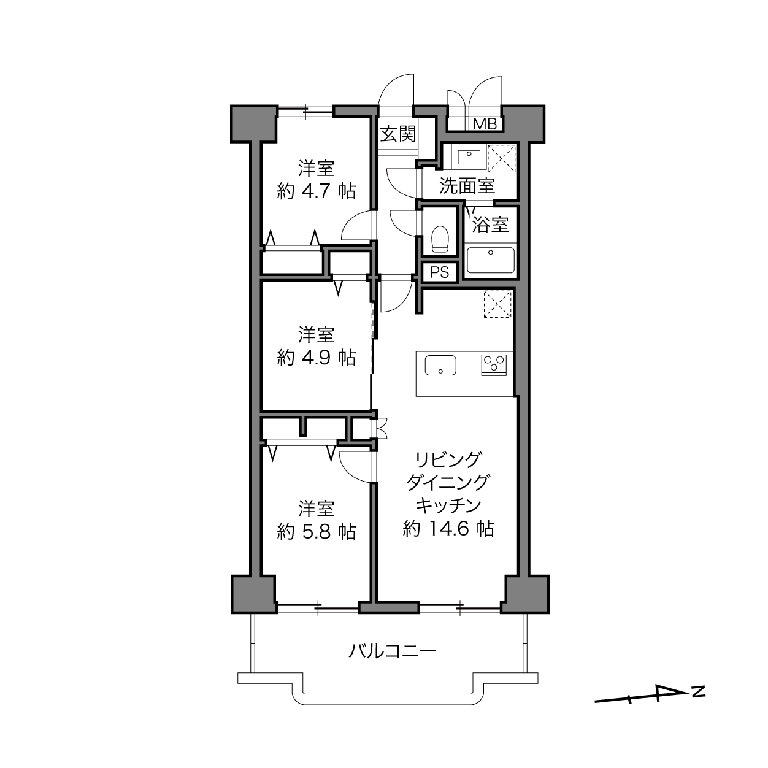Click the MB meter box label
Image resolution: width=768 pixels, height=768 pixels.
(485, 124)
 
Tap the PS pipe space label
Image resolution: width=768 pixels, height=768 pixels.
(440, 272)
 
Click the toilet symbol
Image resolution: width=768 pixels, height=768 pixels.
(440, 239)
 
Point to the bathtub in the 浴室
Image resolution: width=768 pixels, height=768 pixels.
(491, 260)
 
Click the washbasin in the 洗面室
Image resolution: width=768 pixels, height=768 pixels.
(469, 156)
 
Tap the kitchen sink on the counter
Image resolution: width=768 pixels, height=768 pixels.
(440, 365)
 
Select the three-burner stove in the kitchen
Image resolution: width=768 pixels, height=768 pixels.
(494, 364)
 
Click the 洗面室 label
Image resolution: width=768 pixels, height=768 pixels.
(467, 186)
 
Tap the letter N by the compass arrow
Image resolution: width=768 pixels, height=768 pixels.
(698, 691)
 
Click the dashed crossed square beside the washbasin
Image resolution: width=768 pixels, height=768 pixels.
(501, 158)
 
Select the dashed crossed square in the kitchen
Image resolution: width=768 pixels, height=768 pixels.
(497, 304)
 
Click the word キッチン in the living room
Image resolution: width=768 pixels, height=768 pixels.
(448, 505)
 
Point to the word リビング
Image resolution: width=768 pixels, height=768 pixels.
(448, 459)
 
